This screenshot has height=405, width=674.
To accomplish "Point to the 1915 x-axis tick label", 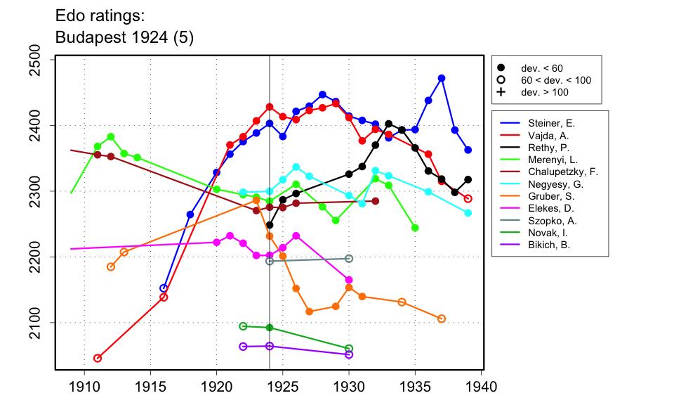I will click(150, 387).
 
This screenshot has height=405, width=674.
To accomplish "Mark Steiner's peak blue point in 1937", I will click(442, 78).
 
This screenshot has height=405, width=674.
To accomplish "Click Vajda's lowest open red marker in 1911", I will click(98, 359).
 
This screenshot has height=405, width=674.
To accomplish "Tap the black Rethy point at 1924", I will click(270, 225).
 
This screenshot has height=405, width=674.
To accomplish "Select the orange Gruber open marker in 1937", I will click(442, 319).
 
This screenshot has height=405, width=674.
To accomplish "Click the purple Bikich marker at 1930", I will click(349, 354).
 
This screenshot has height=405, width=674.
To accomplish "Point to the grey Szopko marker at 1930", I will click(349, 259).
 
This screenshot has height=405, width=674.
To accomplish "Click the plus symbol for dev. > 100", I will click(501, 92).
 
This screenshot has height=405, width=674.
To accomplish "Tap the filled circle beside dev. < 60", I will click(501, 67).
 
